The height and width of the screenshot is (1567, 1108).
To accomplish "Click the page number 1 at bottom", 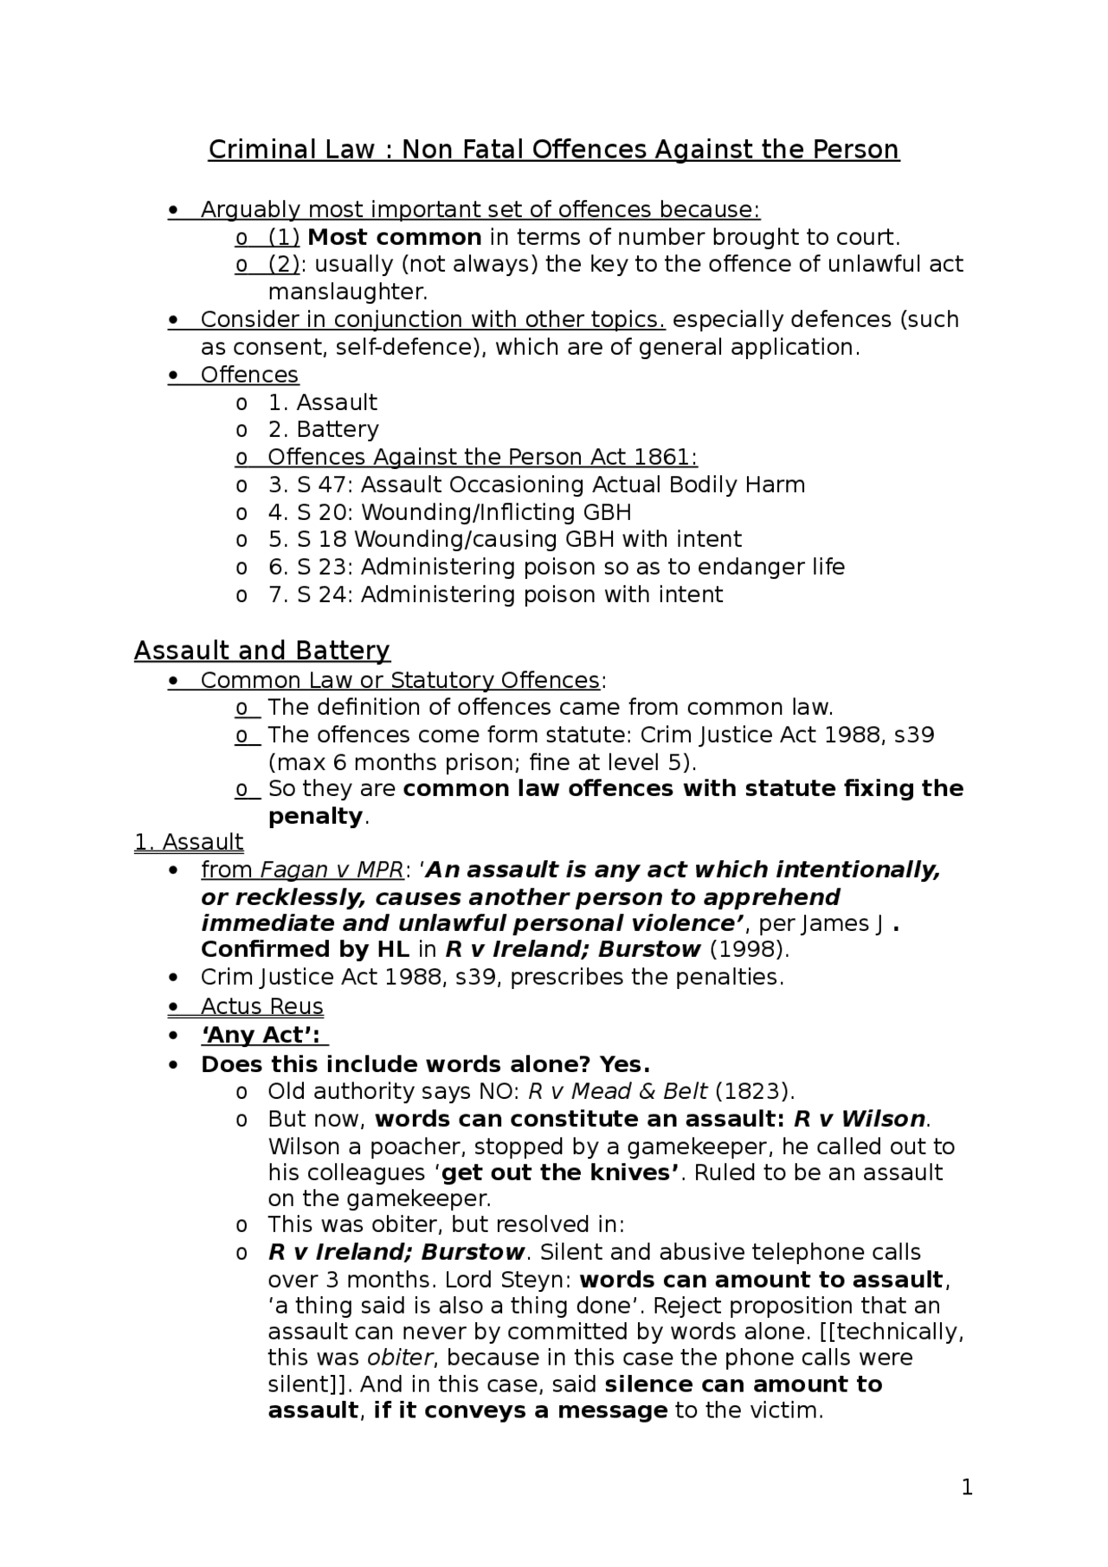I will coord(967,1487).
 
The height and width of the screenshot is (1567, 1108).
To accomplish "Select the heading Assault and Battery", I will coord(262,651).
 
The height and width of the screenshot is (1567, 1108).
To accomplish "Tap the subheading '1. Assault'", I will coord(189,842).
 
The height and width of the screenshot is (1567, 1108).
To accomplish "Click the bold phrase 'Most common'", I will coord(395,237).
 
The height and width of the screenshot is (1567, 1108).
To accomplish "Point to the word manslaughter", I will coord(348,292).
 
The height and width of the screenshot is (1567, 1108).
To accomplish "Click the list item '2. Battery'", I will coord(323,429).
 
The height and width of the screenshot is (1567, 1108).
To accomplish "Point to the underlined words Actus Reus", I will coord(261,1006).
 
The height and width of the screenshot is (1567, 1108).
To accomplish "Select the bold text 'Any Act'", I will coord(261,1036).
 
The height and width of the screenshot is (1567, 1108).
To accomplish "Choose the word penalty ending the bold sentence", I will coord(315,816).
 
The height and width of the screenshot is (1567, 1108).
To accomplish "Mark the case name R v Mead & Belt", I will coord(617,1091).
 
